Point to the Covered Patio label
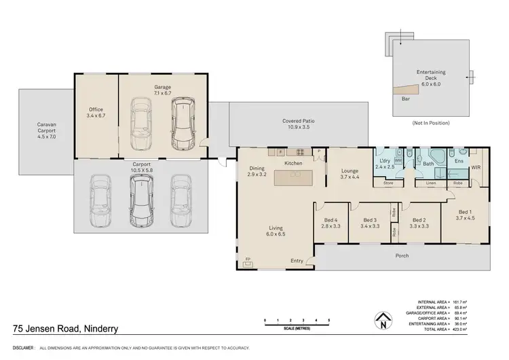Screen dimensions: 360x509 [x=298, y=124]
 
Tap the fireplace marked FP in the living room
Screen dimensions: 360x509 [x=248, y=260]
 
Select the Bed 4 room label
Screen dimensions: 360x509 [x=331, y=224]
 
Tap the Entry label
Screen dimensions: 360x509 [x=297, y=261]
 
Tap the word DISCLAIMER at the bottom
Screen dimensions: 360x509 [x=18, y=348]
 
